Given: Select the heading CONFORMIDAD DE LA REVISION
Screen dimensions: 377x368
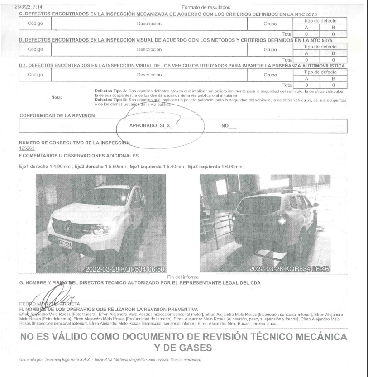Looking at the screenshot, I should coord(57,115).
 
